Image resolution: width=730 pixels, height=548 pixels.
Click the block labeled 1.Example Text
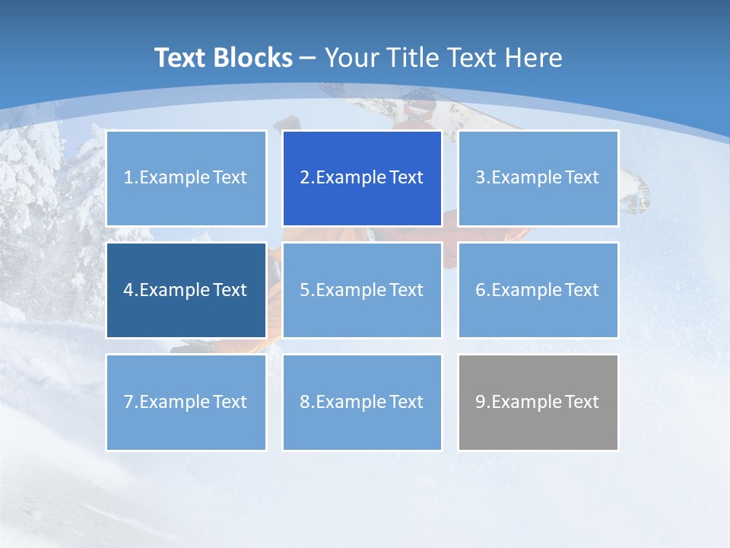click(x=186, y=178)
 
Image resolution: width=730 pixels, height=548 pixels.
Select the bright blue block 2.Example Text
click(x=362, y=178)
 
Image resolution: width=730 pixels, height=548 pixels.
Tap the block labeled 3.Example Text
click(x=538, y=178)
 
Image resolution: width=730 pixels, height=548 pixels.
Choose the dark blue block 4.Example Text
click(x=186, y=290)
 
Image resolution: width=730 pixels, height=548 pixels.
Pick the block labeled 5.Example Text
click(x=362, y=290)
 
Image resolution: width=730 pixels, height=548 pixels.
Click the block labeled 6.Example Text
click(x=538, y=290)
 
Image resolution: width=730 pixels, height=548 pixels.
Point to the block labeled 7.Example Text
click(x=186, y=402)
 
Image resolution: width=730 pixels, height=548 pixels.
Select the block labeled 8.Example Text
click(x=362, y=402)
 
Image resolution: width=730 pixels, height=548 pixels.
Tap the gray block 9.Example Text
click(x=538, y=402)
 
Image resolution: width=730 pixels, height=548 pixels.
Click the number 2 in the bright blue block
click(x=304, y=178)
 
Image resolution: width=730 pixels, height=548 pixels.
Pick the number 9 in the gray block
click(x=481, y=402)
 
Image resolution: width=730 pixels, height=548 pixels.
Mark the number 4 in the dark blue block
click(x=129, y=290)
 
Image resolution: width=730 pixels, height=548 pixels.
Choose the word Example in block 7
click(x=174, y=402)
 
